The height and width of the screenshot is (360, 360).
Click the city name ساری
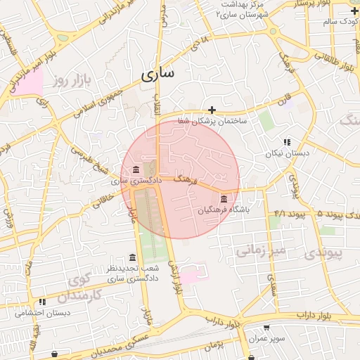pyautogui.click(x=160, y=74)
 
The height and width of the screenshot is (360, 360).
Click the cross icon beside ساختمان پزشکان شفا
pyautogui.click(x=212, y=110)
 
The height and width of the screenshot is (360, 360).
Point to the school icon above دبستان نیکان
pyautogui.click(x=286, y=141)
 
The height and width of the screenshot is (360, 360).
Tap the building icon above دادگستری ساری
pyautogui.click(x=136, y=169)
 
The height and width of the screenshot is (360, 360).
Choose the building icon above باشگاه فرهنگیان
pyautogui.click(x=224, y=198)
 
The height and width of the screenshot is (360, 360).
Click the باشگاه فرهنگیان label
pyautogui.click(x=224, y=210)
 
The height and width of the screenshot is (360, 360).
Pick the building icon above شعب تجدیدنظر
pyautogui.click(x=133, y=257)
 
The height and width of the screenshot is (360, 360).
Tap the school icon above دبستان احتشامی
pyautogui.click(x=42, y=302)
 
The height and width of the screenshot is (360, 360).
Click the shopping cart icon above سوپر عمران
pyautogui.click(x=266, y=327)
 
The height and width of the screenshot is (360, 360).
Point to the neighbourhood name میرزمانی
pyautogui.click(x=260, y=249)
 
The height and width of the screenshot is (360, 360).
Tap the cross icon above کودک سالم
pyautogui.click(x=354, y=11)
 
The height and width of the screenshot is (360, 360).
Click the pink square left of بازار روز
pyautogui.click(x=30, y=82)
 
